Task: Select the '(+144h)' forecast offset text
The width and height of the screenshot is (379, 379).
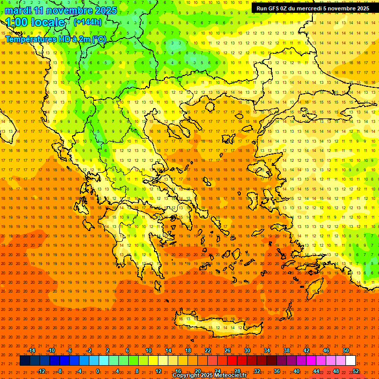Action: (x=87, y=22)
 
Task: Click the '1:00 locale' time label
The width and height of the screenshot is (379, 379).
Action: (x=36, y=22)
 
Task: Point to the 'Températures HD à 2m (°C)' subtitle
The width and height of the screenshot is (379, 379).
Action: (x=56, y=39)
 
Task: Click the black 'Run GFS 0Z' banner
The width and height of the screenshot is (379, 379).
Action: (x=312, y=8)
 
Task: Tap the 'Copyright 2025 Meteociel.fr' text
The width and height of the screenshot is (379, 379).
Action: (x=209, y=376)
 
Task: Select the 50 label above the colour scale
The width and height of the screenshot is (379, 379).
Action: (x=346, y=350)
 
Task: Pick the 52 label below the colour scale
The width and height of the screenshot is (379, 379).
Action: (x=356, y=371)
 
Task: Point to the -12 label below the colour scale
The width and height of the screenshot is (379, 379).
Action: (x=41, y=371)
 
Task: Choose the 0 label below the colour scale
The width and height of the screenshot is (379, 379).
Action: (x=98, y=371)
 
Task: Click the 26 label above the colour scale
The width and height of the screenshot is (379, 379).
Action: (x=227, y=350)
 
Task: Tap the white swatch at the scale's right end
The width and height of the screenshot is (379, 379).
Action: (x=350, y=361)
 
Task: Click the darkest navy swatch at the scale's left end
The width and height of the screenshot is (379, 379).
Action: (x=25, y=361)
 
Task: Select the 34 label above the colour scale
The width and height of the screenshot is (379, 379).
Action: (x=267, y=350)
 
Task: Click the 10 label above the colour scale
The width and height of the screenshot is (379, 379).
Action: (x=149, y=350)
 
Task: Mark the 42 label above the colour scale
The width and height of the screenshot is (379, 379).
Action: (x=306, y=350)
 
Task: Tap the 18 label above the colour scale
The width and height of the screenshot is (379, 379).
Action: (x=188, y=350)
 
